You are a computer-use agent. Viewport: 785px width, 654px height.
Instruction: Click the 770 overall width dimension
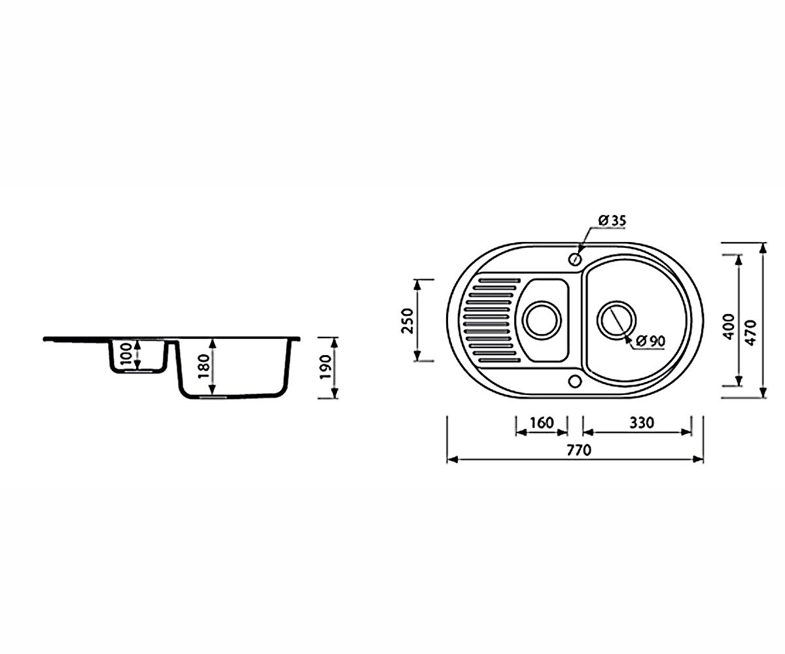[x=579, y=450]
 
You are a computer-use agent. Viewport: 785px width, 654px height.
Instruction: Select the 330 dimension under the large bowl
[x=642, y=423]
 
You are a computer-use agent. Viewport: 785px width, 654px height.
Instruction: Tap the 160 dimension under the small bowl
[x=542, y=423]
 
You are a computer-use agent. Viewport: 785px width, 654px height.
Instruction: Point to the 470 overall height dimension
[x=751, y=333]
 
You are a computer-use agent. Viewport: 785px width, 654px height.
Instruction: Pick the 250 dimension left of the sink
[x=408, y=321]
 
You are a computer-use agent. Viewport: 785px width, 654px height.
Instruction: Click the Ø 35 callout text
[x=612, y=220]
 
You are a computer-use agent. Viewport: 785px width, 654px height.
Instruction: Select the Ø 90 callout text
[x=651, y=341]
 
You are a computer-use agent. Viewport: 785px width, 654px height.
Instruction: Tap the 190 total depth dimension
[x=326, y=367]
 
